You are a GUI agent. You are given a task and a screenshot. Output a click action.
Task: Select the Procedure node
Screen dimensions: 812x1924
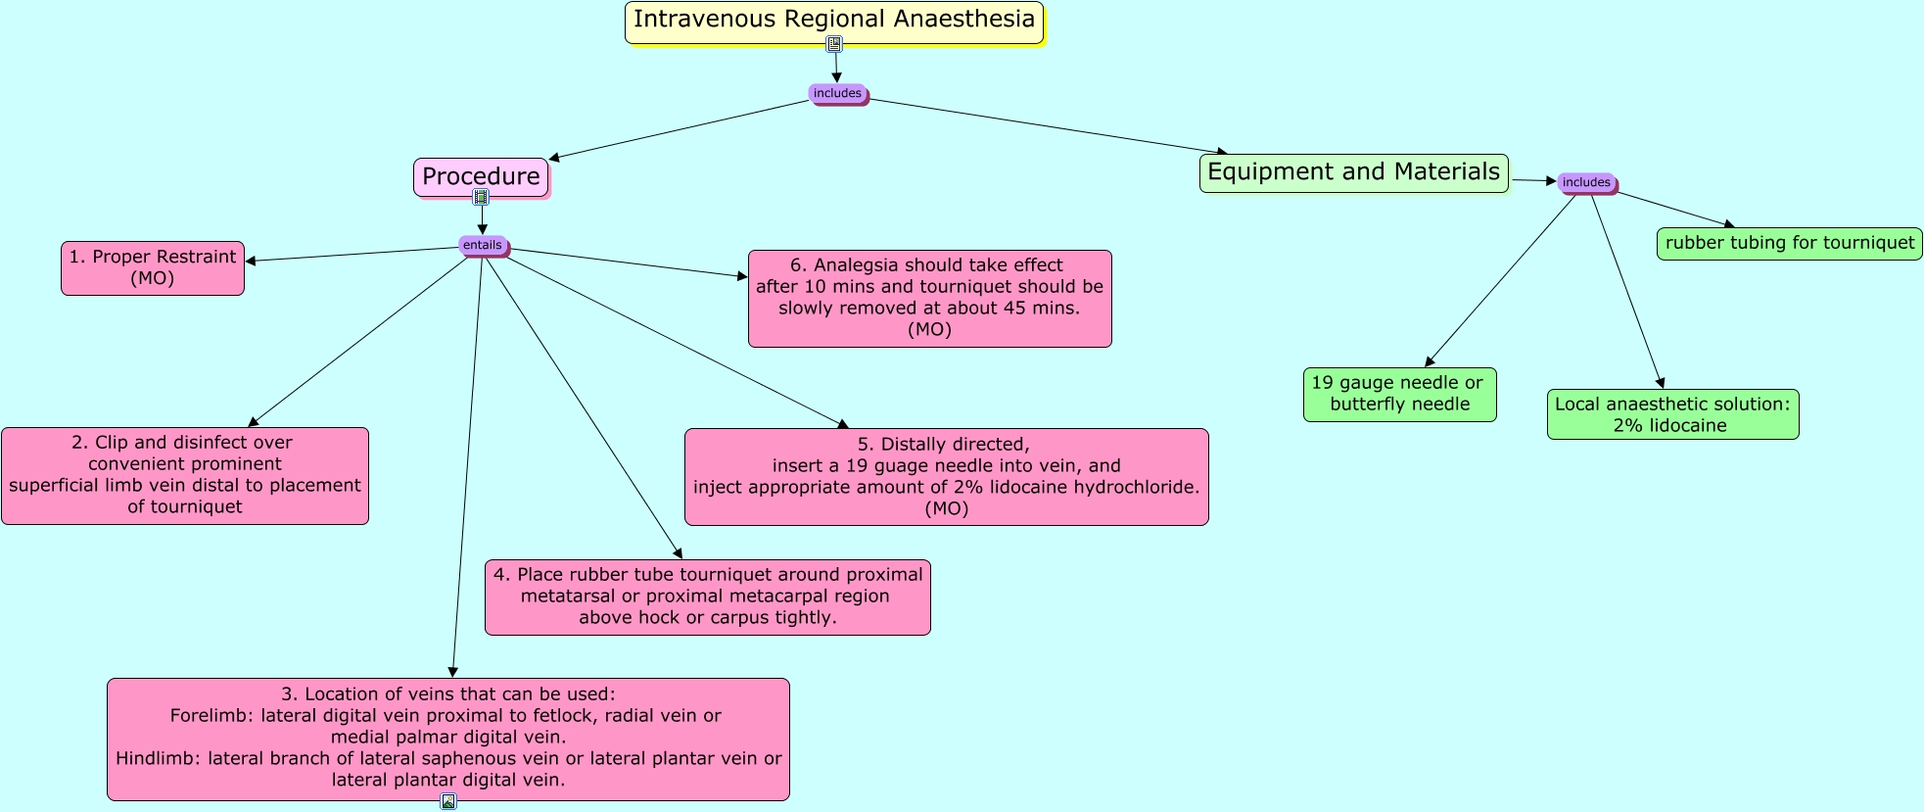coord(481,177)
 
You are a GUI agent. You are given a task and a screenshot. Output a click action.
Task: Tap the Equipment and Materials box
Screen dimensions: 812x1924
coord(1353,172)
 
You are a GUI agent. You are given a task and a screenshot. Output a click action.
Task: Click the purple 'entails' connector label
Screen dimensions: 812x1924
coord(482,245)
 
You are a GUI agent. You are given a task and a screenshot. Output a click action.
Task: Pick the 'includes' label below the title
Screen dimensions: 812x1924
coord(837,94)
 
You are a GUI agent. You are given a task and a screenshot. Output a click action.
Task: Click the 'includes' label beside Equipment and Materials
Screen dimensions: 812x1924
coord(1586,182)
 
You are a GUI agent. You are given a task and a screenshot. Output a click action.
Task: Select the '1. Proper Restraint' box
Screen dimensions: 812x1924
coord(153,267)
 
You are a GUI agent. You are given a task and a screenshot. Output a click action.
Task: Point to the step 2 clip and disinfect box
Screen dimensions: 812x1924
coord(185,475)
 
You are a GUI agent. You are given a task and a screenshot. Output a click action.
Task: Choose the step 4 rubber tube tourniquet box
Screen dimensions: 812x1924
coord(707,597)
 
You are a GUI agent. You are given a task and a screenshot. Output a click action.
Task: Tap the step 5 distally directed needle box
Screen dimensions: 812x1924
coord(946,476)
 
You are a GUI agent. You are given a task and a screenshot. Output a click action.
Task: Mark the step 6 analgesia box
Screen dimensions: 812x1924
coord(929,298)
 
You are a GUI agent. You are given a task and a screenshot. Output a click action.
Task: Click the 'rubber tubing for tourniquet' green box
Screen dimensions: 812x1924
coord(1789,243)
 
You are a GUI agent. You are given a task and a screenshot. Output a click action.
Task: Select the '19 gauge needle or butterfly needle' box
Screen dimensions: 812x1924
coord(1399,394)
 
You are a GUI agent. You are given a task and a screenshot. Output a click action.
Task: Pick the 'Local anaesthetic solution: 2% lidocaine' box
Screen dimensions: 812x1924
coord(1672,414)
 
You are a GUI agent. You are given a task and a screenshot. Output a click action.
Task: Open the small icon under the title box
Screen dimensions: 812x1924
coord(834,44)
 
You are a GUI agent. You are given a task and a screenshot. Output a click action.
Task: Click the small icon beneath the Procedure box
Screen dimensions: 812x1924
coord(481,197)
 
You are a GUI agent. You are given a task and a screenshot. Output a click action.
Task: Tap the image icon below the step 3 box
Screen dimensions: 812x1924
coord(448,801)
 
